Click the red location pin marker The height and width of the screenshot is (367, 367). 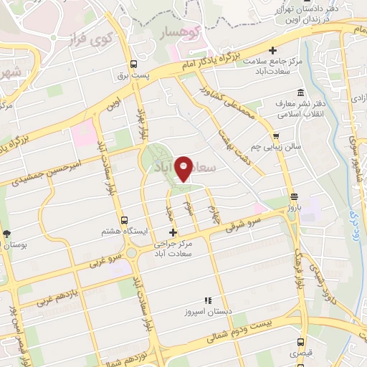click(186, 168)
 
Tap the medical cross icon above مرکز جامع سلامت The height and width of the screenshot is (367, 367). click(272, 50)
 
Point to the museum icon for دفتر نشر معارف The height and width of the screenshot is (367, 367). click(300, 93)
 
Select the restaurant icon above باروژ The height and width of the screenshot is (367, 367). click(293, 196)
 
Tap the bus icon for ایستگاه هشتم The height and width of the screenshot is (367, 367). click(125, 221)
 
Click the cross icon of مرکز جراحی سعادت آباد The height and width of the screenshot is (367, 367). click(172, 232)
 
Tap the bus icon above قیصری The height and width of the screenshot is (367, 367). click(300, 342)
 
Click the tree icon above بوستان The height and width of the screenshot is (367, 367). click(6, 234)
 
